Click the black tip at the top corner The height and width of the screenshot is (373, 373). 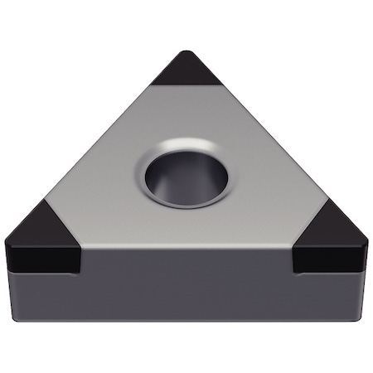(x=187, y=70)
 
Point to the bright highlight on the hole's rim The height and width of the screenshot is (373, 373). (x=199, y=148)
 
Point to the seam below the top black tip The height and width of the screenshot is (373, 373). (x=187, y=85)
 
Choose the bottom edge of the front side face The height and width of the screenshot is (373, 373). (x=186, y=319)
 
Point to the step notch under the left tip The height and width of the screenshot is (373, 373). (x=80, y=264)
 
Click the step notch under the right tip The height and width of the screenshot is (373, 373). (x=294, y=264)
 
